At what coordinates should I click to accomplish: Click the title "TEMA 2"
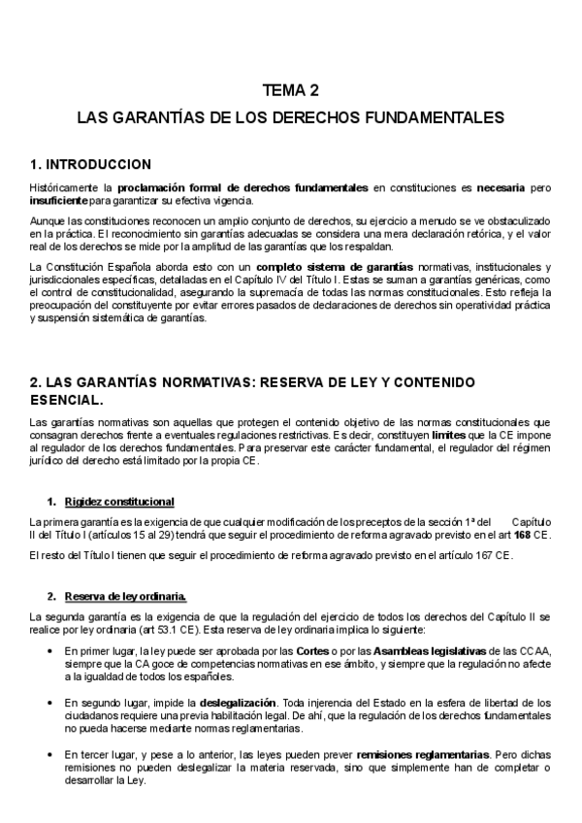pos(290,92)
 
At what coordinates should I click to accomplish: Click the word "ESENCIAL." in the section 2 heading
pos(66,399)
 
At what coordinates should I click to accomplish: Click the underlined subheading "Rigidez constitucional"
pos(119,502)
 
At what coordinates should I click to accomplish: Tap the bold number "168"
pos(522,535)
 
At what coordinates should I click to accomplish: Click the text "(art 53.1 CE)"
pos(144,629)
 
